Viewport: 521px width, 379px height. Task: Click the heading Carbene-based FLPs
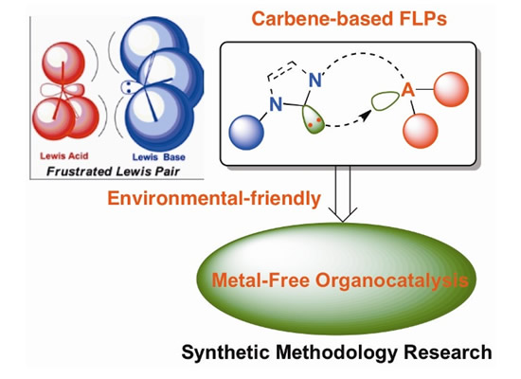[x=349, y=19]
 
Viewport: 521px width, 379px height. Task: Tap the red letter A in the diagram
[x=408, y=90]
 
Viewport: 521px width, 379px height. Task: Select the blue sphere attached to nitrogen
[x=246, y=133]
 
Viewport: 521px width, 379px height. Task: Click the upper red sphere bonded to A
[x=451, y=89]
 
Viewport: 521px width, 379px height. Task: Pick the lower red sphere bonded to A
[x=421, y=131]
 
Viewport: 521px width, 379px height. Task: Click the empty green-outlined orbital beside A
[x=386, y=101]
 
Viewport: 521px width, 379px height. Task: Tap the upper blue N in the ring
[x=315, y=81]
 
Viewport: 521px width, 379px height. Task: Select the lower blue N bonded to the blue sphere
[x=276, y=104]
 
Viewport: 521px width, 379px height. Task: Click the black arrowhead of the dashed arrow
[x=366, y=116]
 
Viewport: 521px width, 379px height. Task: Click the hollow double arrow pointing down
[x=343, y=193]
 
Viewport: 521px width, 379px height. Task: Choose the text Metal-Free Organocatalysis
[x=340, y=280]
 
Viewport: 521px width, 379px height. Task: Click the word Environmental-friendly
[x=214, y=198]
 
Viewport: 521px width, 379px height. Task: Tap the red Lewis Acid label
[x=64, y=156]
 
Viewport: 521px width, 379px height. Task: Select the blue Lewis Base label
[x=159, y=157]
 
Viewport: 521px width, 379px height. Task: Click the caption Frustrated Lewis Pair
[x=113, y=171]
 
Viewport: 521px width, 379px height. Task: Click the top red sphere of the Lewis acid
[x=63, y=63]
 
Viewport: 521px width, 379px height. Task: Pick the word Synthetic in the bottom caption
[x=225, y=352]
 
